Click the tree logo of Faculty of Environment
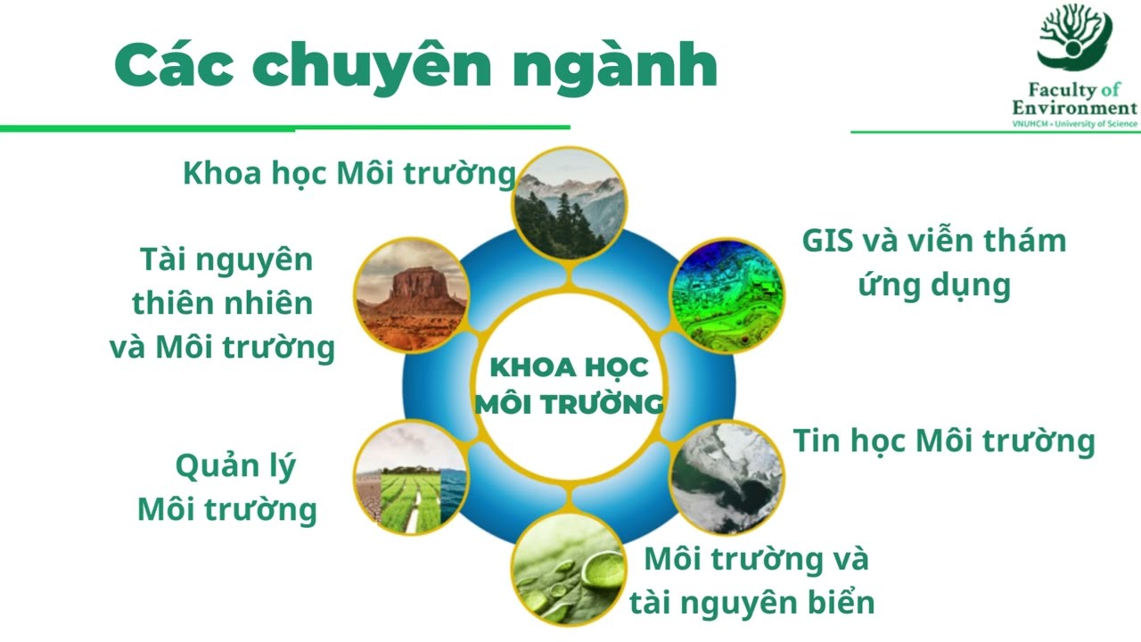click(x=1074, y=37)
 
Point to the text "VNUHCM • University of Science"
click(x=1074, y=124)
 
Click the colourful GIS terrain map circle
click(x=726, y=295)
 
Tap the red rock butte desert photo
click(x=411, y=295)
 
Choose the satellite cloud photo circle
click(x=726, y=478)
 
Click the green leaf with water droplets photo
click(x=569, y=570)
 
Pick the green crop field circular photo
click(x=411, y=478)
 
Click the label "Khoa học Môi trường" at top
click(x=349, y=174)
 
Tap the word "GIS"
click(x=827, y=241)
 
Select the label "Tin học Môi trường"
click(x=944, y=441)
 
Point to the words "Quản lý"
click(x=236, y=466)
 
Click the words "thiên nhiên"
click(x=223, y=302)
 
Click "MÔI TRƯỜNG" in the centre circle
click(x=569, y=404)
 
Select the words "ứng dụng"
click(x=935, y=285)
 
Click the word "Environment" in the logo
click(x=1074, y=108)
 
